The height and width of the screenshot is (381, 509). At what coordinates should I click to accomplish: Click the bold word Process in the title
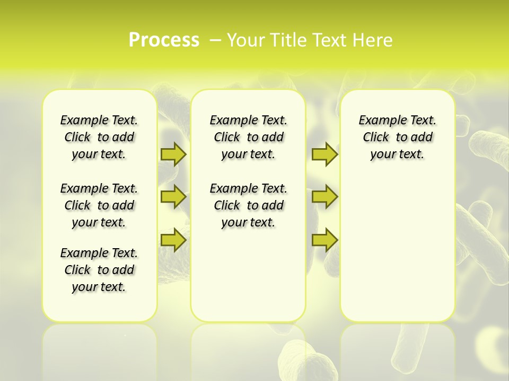[164, 40]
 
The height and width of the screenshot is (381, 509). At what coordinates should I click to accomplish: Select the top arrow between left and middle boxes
[173, 154]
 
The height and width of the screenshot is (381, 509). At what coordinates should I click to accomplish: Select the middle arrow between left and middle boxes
[173, 197]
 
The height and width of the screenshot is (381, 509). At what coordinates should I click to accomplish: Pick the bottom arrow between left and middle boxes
[173, 240]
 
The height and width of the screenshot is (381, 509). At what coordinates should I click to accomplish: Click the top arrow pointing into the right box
[324, 154]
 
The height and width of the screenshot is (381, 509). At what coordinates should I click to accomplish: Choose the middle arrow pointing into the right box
[324, 197]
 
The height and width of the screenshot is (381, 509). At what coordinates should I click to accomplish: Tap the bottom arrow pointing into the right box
[324, 240]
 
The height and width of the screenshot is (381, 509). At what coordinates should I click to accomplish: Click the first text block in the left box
[99, 137]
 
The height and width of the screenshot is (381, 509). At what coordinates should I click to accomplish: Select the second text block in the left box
[99, 205]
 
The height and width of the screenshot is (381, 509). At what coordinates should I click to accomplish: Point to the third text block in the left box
[99, 270]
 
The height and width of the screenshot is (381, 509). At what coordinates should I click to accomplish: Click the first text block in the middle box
[248, 137]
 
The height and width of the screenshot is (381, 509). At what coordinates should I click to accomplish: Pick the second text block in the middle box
[248, 205]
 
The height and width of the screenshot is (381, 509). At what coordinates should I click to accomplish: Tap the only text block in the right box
[397, 137]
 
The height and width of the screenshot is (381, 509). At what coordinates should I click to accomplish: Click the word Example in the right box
[378, 121]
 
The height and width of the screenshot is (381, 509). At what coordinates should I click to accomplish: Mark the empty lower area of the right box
[397, 249]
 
